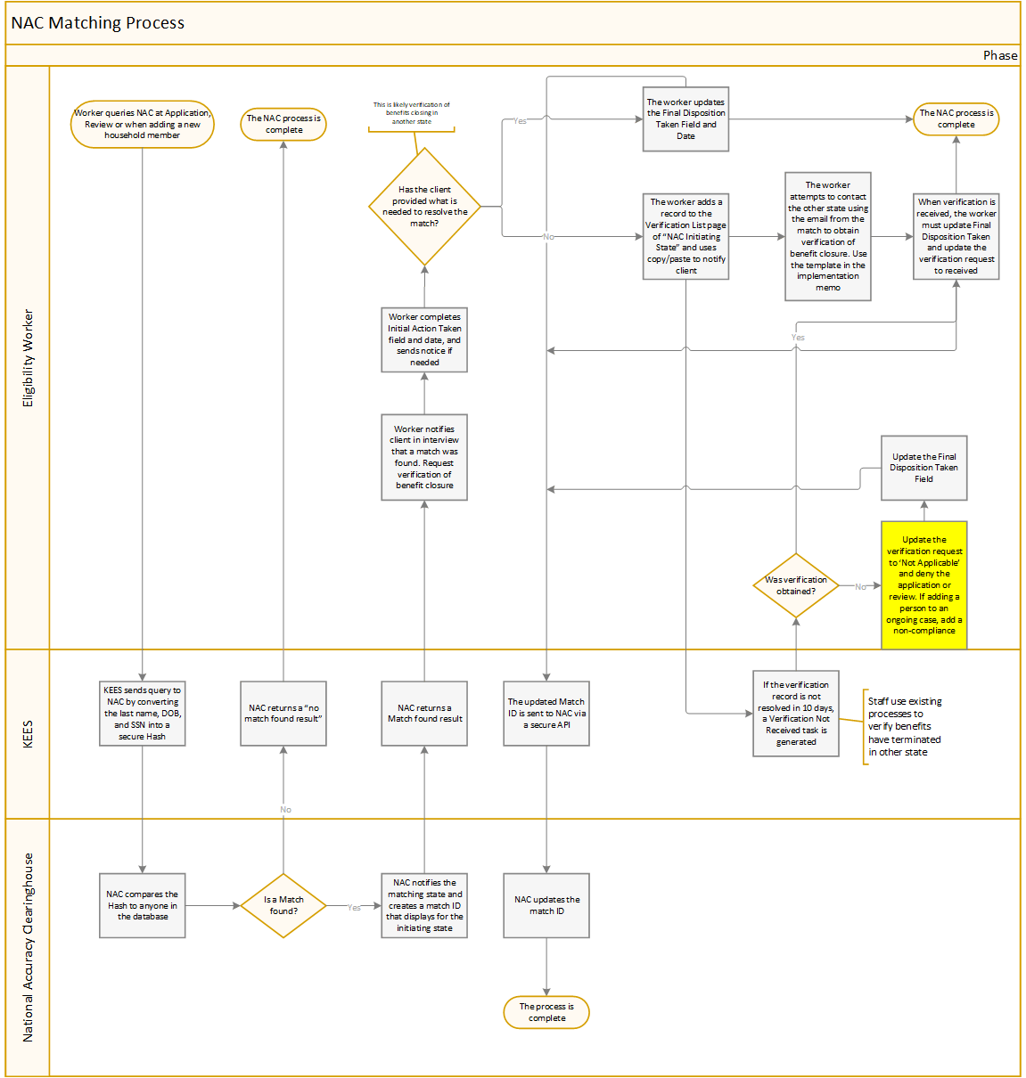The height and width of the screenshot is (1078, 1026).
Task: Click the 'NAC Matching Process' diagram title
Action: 98,23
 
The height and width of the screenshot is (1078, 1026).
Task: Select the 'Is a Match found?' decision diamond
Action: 283,906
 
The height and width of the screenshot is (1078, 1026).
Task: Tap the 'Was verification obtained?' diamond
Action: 796,585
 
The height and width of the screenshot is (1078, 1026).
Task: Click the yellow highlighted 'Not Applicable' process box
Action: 923,584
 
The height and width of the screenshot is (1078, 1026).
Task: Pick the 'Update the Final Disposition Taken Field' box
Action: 923,468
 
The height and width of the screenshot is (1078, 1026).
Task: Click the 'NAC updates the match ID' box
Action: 546,905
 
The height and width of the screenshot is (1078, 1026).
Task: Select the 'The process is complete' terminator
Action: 546,1012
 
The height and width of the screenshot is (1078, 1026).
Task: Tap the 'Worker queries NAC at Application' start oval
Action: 143,124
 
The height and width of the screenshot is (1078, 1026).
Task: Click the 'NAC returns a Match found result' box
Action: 424,713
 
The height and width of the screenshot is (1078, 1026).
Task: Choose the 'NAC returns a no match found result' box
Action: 283,713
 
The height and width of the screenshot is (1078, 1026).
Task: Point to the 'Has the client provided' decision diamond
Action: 425,207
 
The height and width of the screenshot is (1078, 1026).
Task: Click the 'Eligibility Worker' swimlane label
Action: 28,358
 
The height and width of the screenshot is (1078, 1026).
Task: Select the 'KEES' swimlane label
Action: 28,734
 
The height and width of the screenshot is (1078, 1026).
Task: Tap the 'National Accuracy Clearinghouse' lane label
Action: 28,947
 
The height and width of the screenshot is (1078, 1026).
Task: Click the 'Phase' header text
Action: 1000,55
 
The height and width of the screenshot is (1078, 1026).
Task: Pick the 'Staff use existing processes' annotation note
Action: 904,727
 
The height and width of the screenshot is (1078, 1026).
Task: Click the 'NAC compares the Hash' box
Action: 143,905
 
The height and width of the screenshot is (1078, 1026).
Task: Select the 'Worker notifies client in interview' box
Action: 424,457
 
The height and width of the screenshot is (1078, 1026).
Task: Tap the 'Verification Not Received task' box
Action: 796,714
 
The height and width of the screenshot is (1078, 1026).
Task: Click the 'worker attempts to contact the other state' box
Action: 828,236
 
